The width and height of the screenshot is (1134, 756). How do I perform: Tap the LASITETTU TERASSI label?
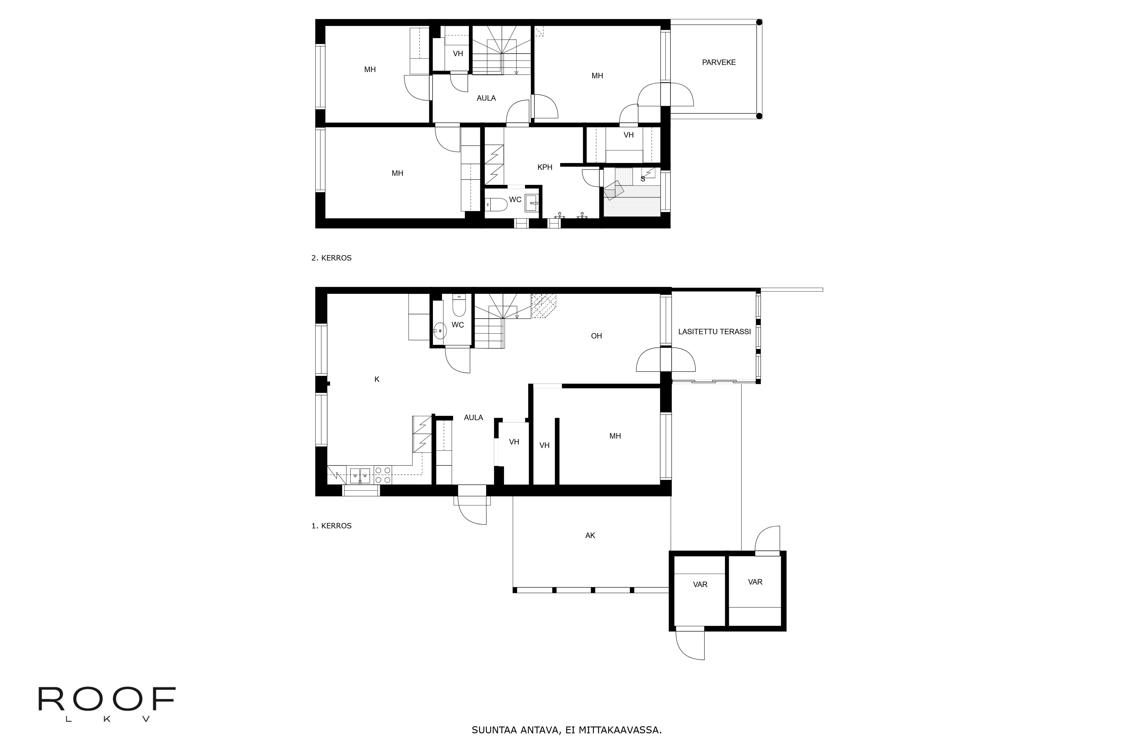[x=714, y=332]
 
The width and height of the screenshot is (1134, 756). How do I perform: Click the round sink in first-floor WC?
[x=439, y=331]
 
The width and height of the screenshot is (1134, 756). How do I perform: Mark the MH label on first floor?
[x=615, y=436]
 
